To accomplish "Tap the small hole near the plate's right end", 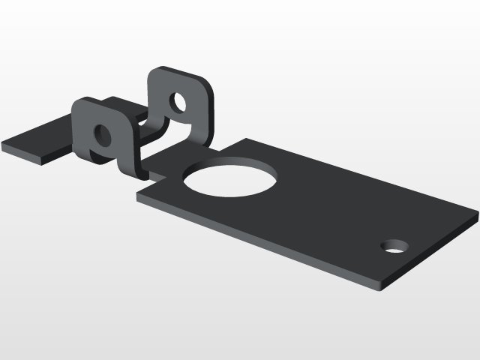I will tap(394, 245).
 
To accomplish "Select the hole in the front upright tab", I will tap(100, 136).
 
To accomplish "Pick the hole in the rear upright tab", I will tap(178, 100).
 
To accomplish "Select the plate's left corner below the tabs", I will tap(138, 196).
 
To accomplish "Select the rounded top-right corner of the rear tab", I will tap(205, 83).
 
